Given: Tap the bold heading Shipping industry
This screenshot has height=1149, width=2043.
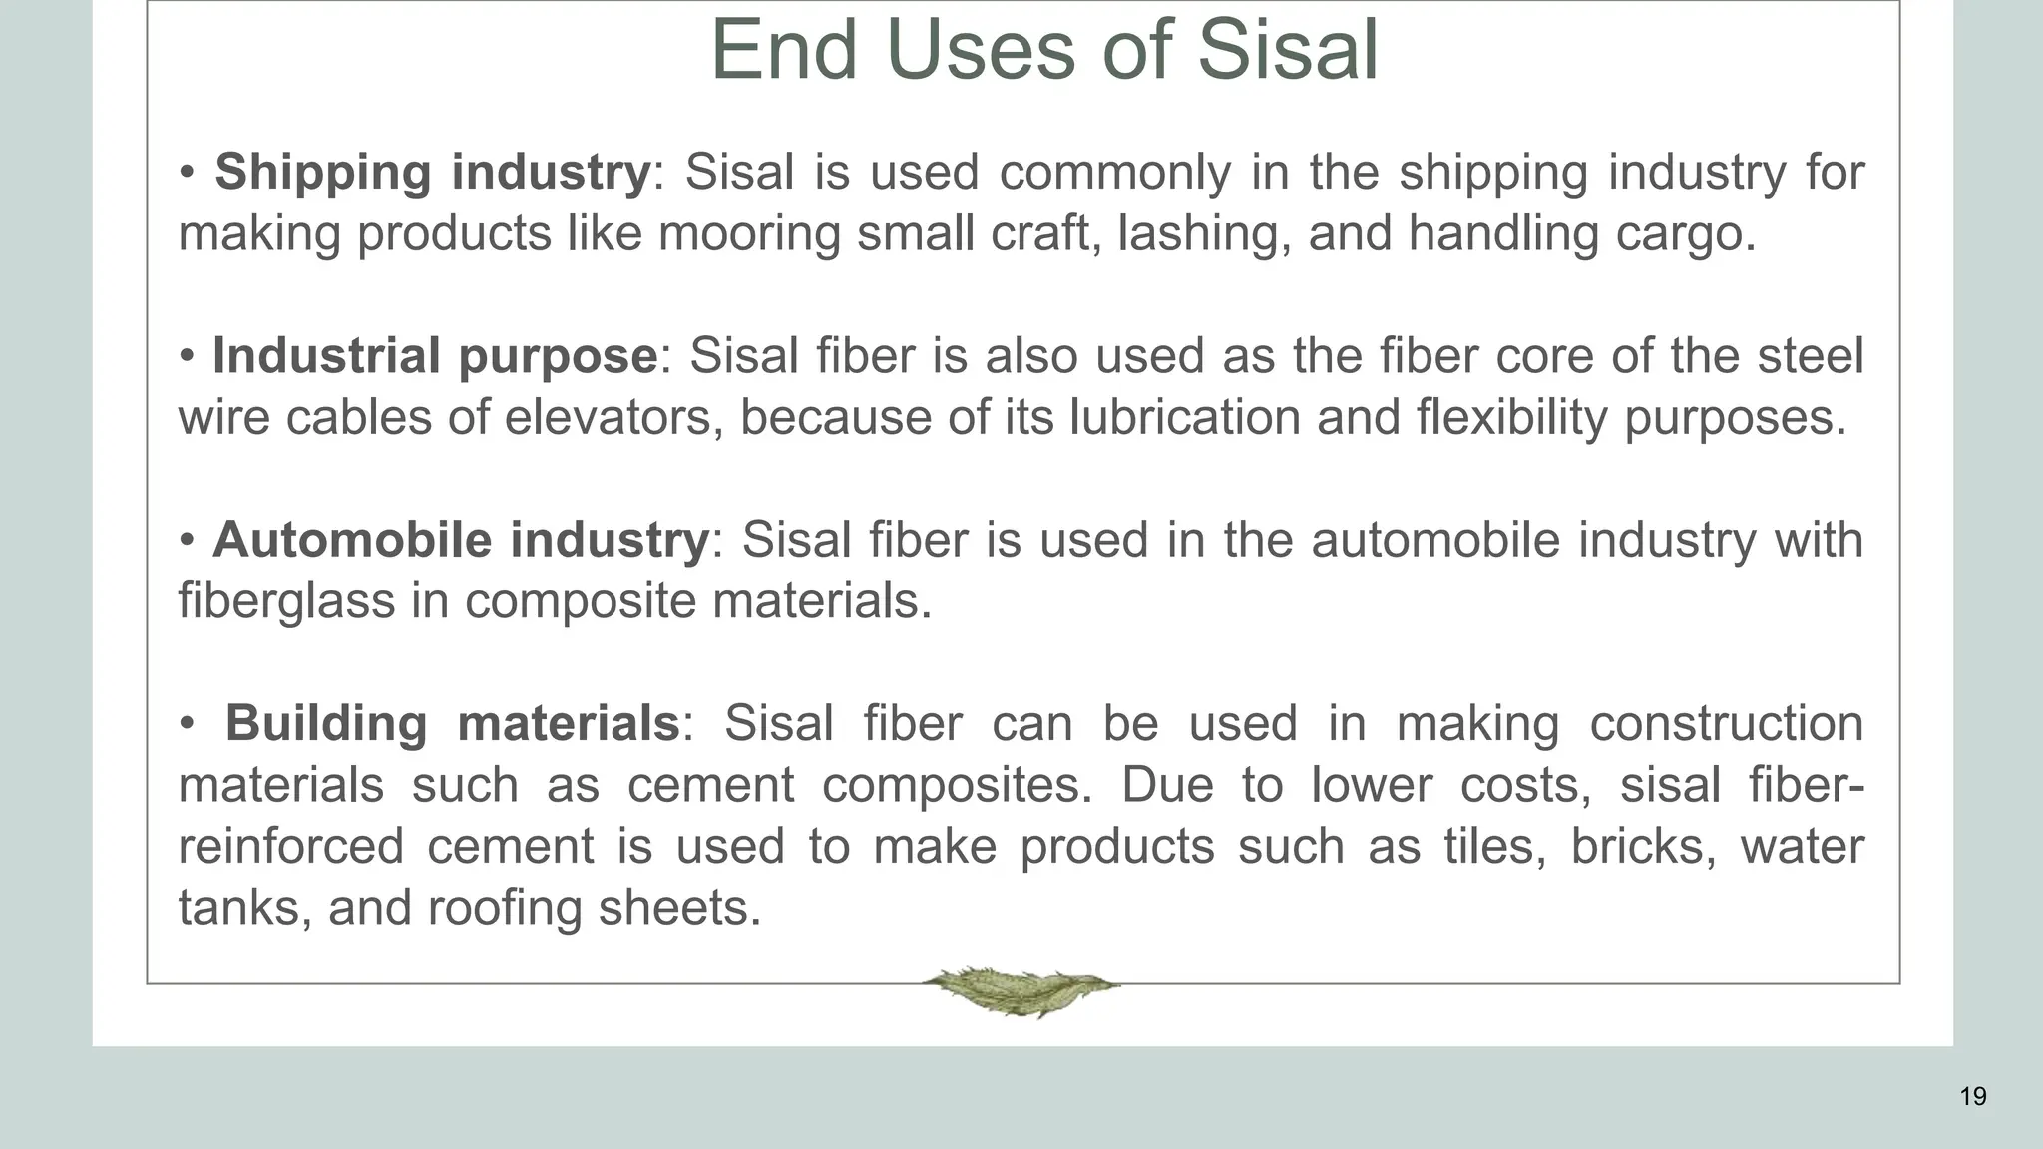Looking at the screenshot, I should tap(432, 172).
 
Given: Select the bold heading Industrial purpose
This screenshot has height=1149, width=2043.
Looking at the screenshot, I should tap(434, 356).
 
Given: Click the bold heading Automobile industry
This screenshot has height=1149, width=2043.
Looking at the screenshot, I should tap(460, 540).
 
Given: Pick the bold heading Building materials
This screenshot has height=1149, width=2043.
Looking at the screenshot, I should tap(452, 723).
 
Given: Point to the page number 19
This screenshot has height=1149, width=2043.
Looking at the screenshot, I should tap(1972, 1097).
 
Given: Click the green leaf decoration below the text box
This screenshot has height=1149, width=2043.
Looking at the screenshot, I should tap(1021, 990).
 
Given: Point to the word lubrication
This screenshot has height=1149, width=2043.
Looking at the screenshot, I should tap(1184, 417).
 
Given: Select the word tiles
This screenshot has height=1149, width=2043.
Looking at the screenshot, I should tap(1494, 846).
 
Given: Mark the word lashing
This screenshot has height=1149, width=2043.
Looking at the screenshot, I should tap(1197, 233).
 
